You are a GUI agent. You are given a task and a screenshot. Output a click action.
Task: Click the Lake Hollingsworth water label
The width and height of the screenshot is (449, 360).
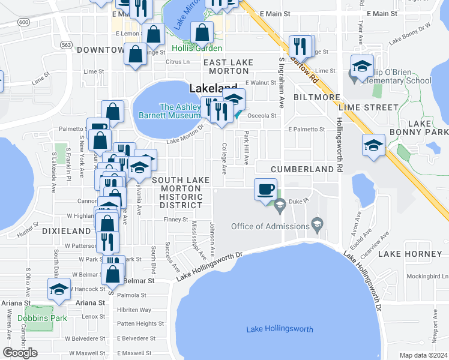[x=280, y=329]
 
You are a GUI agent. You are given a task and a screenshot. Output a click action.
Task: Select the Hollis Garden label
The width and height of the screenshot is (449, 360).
[x=196, y=48]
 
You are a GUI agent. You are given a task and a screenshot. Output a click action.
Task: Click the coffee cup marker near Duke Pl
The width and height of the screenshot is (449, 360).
[x=265, y=190]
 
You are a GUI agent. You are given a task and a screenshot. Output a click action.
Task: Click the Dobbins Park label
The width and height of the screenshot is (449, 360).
[x=34, y=318]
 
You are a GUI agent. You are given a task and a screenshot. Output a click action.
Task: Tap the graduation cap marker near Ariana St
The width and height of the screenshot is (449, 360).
[x=59, y=290]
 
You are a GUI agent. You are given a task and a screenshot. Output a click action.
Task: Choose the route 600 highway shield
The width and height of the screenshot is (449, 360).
[x=23, y=22]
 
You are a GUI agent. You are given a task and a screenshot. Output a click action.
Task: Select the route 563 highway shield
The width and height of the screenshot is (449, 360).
[x=66, y=44]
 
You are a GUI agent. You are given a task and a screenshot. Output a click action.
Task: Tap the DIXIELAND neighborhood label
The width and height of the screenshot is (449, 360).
[x=67, y=230]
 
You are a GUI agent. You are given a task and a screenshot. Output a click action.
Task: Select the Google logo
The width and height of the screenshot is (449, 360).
[x=20, y=353]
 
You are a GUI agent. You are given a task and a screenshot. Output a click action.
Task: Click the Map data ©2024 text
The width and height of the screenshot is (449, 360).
[x=424, y=355]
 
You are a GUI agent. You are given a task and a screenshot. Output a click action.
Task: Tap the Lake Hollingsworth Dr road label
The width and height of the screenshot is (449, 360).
[x=209, y=263]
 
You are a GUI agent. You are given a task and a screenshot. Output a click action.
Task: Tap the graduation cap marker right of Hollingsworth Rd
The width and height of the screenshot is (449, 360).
[x=373, y=146]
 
